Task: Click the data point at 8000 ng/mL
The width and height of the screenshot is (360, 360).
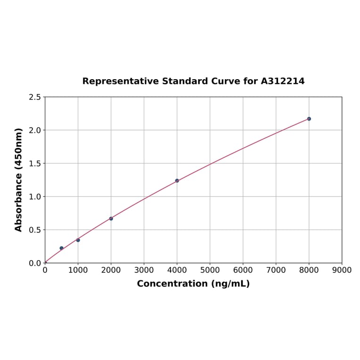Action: pyautogui.click(x=309, y=119)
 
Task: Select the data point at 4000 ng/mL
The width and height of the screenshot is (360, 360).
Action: pyautogui.click(x=177, y=180)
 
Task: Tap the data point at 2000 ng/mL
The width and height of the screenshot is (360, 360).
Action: pyautogui.click(x=111, y=219)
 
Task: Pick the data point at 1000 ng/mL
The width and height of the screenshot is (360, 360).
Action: pyautogui.click(x=78, y=240)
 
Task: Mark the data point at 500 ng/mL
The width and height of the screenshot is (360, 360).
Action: pyautogui.click(x=61, y=248)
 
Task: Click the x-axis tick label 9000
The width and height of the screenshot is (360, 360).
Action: pyautogui.click(x=342, y=270)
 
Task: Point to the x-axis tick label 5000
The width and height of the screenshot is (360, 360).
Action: pyautogui.click(x=210, y=270)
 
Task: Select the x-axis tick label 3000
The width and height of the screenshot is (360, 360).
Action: pyautogui.click(x=144, y=270)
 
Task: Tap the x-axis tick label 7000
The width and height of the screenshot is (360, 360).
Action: pyautogui.click(x=276, y=270)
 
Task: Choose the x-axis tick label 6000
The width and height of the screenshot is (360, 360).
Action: pyautogui.click(x=243, y=270)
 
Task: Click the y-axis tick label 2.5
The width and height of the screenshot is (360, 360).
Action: pyautogui.click(x=34, y=97)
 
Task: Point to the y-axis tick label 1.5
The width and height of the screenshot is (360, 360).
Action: pyautogui.click(x=34, y=164)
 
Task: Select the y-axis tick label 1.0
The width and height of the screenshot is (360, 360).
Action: pyautogui.click(x=34, y=196)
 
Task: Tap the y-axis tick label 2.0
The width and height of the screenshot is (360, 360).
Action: pyautogui.click(x=34, y=130)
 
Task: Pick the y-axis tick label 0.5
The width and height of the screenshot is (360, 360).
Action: pyautogui.click(x=34, y=230)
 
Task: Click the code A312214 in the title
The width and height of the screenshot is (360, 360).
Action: pyautogui.click(x=283, y=81)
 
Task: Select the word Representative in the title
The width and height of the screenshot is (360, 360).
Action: pyautogui.click(x=121, y=81)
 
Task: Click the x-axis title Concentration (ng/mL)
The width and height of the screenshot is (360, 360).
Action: pyautogui.click(x=193, y=284)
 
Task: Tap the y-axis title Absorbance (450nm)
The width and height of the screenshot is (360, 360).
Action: pyautogui.click(x=19, y=180)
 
